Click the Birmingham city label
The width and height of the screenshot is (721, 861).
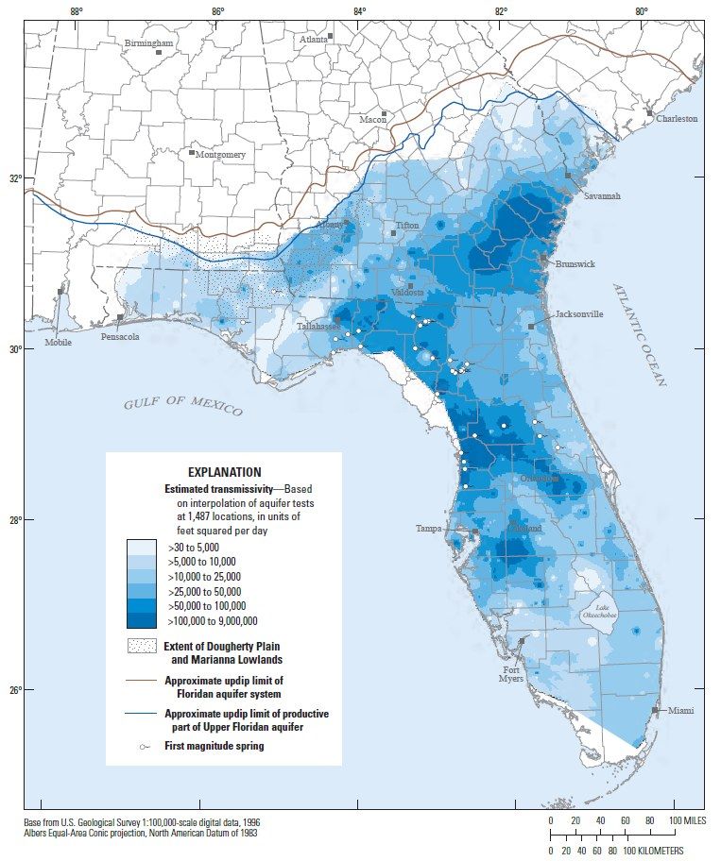[x=148, y=43]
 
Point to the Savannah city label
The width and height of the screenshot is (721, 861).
[x=602, y=196]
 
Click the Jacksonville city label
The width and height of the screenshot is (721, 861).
[x=578, y=314]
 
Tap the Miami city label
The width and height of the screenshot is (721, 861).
[x=683, y=710]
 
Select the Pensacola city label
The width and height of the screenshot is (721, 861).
[x=120, y=336]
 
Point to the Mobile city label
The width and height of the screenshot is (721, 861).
[x=58, y=342]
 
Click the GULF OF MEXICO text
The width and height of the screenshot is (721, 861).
[x=182, y=406]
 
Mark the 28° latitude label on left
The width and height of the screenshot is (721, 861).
[x=14, y=520]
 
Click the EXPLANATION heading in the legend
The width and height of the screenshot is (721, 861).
[x=224, y=472]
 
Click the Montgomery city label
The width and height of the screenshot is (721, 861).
[x=220, y=155]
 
